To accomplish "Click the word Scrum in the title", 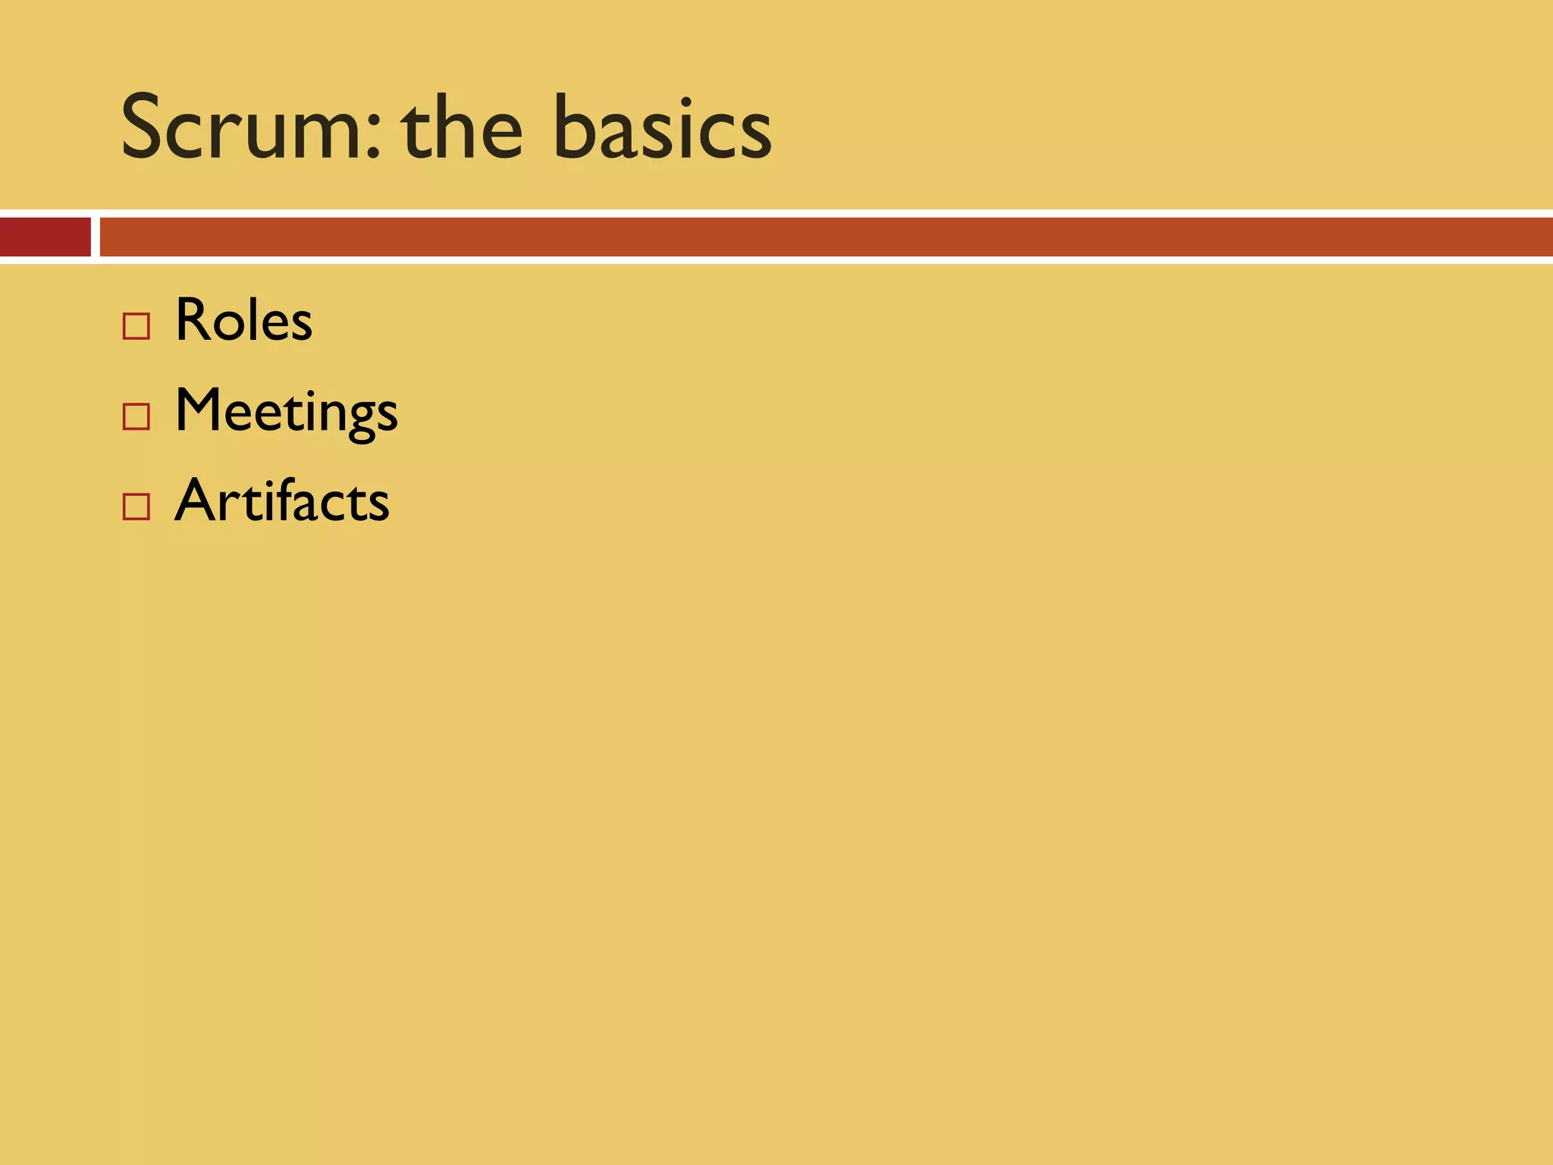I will point(241,127).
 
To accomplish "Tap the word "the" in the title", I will point(462,127).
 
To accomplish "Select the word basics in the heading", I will point(662,127).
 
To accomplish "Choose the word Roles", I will point(243,320).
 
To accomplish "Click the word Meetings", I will point(286,411).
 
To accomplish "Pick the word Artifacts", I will point(281,501).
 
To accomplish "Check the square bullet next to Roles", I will point(136,327).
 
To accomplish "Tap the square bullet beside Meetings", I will point(136,417).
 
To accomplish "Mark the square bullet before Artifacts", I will point(136,507).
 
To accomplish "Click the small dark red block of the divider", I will point(45,237).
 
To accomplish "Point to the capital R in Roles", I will point(193,320).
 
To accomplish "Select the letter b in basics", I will point(575,127).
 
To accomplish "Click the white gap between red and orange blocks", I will point(96,237).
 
